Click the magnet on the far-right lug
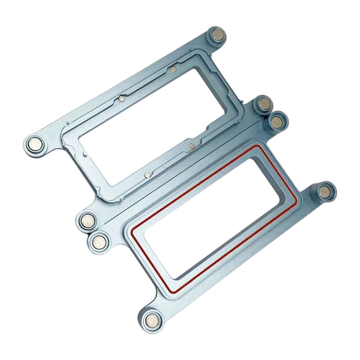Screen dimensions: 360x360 [x=327, y=192]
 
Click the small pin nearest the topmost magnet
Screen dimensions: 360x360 [x=174, y=68]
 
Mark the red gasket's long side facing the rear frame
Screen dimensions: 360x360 [x=192, y=186]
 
